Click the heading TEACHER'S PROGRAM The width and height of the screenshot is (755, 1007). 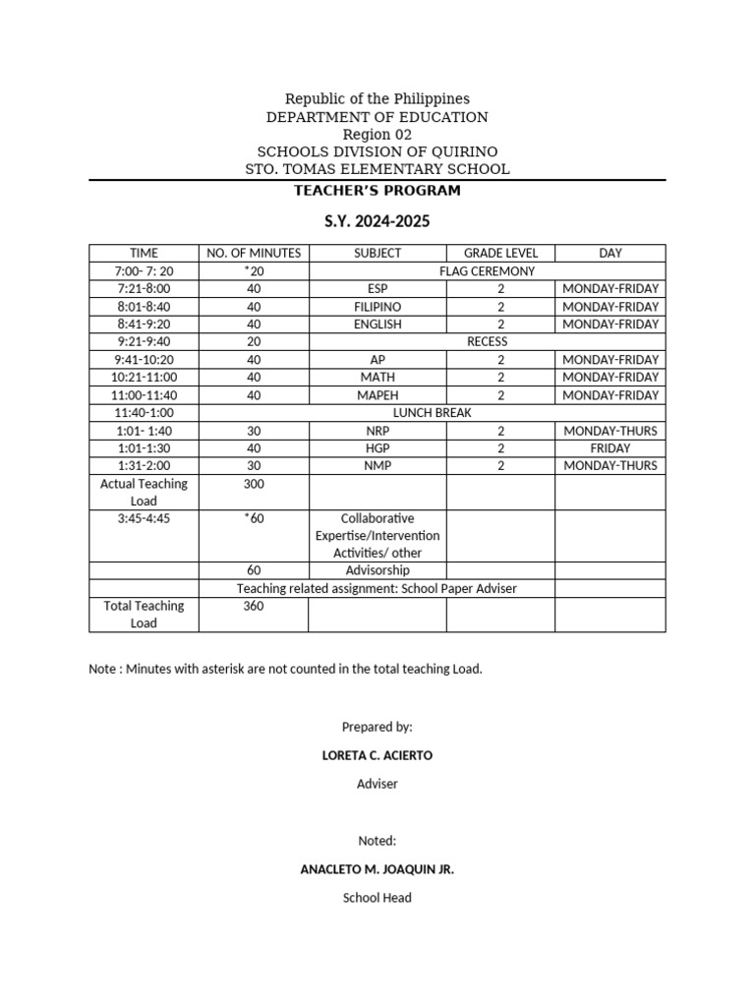[x=377, y=190]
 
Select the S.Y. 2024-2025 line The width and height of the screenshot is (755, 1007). [x=377, y=222]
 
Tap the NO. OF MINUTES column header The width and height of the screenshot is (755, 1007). [x=254, y=253]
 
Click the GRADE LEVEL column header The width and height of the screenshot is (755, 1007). [x=500, y=253]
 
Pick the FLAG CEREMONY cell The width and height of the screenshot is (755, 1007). [x=488, y=270]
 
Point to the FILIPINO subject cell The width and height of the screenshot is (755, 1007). [x=377, y=306]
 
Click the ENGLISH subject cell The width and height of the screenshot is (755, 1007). [x=377, y=324]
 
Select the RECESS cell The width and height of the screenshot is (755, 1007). [x=488, y=341]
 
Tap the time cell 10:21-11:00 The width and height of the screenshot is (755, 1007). [x=144, y=377]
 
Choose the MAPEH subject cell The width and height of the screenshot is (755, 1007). [x=377, y=394]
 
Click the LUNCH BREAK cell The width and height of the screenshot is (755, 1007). [x=433, y=412]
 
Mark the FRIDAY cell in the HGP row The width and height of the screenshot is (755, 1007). [x=610, y=447]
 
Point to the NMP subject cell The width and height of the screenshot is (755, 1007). [x=377, y=465]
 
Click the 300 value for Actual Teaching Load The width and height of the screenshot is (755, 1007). [x=254, y=484]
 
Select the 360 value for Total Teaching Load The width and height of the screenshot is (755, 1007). [x=254, y=606]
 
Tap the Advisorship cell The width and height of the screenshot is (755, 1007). [x=377, y=570]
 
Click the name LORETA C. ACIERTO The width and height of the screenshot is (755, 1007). [x=377, y=755]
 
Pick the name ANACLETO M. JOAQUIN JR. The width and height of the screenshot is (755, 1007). [x=377, y=869]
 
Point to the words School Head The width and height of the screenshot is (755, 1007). [x=377, y=898]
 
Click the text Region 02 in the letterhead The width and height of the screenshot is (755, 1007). [x=377, y=135]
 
